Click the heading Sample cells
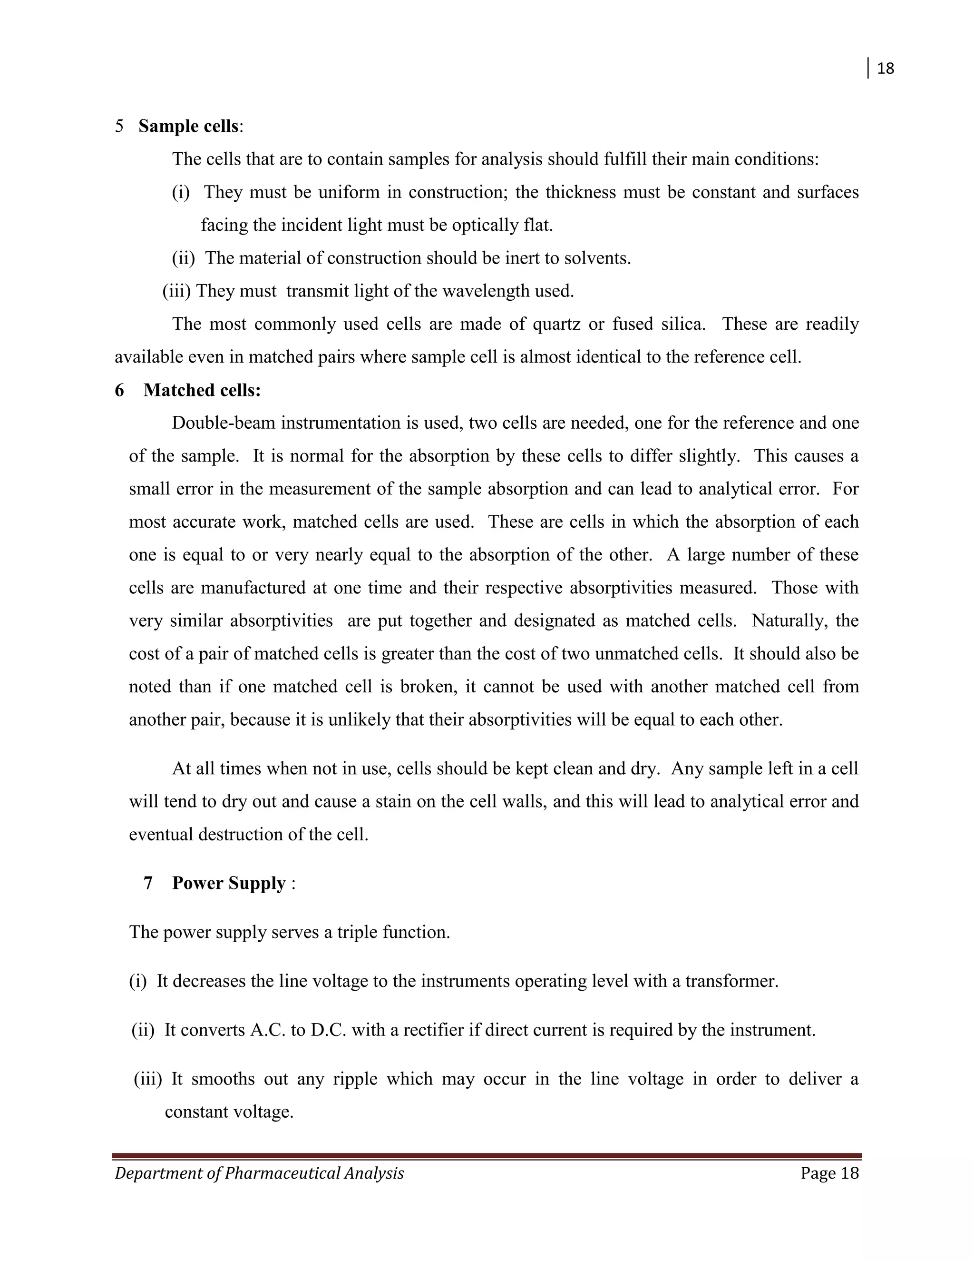pos(188,127)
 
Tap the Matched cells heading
pos(202,391)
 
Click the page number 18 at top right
pos(885,69)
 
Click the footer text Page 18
pos(829,1174)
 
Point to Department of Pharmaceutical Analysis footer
pos(260,1174)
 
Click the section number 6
pos(119,391)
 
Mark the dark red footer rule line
pos(487,1156)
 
